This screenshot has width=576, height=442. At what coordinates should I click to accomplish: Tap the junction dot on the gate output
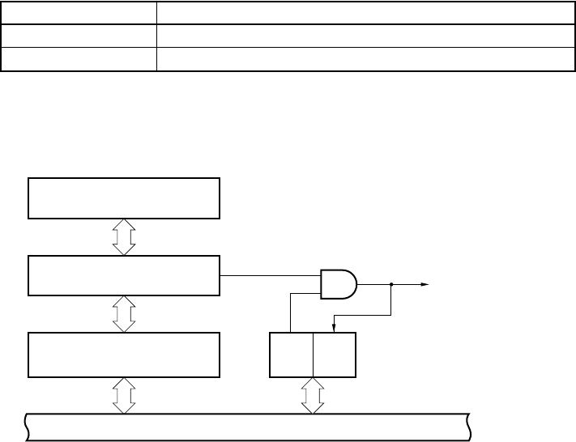(391, 284)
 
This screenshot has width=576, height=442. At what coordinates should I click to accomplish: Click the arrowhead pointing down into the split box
(335, 328)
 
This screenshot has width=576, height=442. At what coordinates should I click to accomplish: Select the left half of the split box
(290, 354)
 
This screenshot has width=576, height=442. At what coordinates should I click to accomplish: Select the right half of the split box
(334, 354)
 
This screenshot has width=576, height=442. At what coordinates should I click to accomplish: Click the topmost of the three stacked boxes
(124, 198)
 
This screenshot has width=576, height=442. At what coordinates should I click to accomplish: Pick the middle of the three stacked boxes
(124, 276)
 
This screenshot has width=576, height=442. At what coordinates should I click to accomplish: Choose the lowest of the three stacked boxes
(124, 354)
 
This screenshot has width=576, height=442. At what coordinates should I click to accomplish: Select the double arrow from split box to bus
(312, 396)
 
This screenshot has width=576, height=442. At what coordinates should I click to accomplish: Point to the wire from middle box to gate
(271, 276)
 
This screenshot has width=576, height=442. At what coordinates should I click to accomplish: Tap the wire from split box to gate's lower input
(291, 312)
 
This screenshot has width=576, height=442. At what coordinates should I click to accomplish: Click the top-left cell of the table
(79, 12)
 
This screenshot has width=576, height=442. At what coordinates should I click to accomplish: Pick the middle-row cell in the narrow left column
(79, 36)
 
